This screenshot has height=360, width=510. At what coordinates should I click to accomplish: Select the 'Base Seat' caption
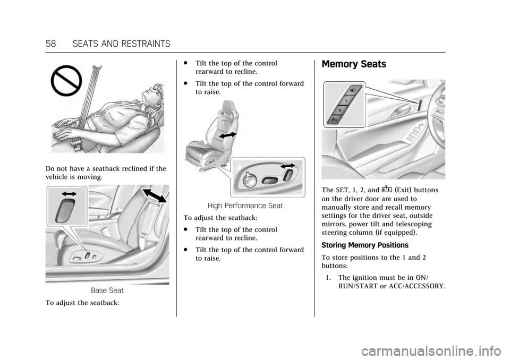point(107,290)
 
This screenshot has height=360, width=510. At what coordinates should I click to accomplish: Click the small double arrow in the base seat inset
point(69,194)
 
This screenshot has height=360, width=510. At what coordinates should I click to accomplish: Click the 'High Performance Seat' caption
point(245,205)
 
